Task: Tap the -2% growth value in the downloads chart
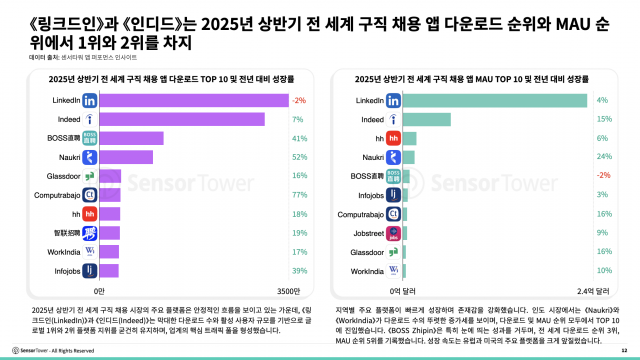coord(299,101)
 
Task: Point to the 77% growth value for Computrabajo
coord(299,194)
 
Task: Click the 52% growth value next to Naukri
coord(299,157)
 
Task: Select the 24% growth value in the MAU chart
coord(602,157)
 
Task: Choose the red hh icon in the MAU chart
coord(393,138)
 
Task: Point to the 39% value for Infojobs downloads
coord(299,270)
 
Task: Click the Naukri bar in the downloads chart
coord(126,157)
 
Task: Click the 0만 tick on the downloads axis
coord(99,290)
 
